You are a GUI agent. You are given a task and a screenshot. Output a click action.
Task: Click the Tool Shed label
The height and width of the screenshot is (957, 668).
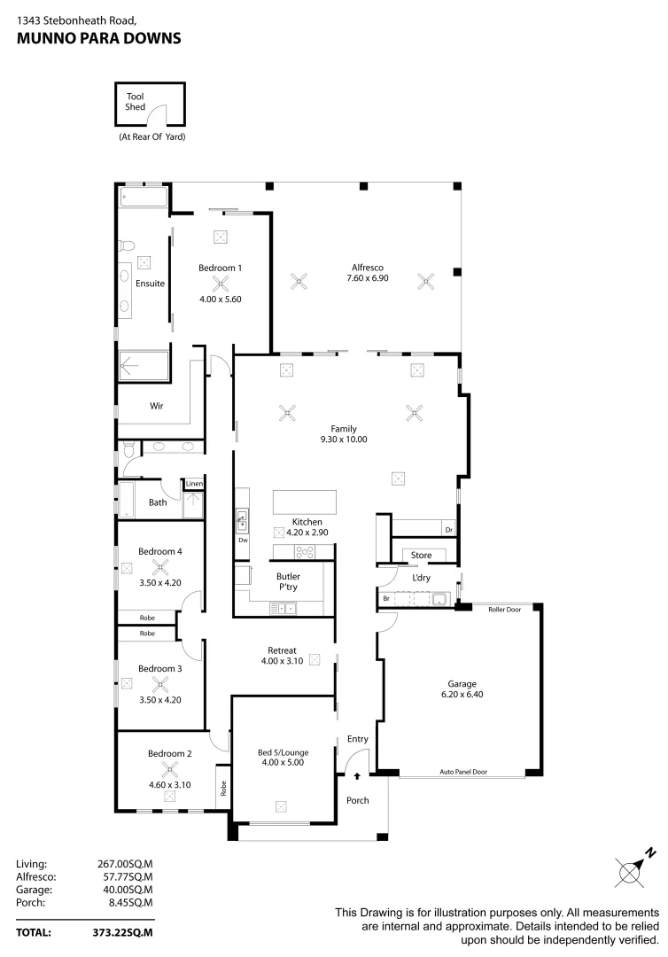coord(135,101)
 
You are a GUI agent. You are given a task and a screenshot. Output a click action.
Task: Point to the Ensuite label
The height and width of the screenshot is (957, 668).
coord(150,284)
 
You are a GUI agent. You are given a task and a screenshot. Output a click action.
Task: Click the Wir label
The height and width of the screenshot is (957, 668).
coord(156,406)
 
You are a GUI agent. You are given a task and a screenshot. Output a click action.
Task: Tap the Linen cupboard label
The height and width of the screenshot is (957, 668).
coord(194,484)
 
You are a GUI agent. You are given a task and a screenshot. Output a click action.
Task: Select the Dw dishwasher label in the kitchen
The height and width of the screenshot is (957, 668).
coord(242,540)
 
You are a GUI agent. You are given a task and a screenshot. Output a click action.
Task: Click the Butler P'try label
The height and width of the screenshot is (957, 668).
coord(288,581)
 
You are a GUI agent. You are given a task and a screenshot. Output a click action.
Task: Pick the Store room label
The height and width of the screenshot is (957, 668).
coord(422,556)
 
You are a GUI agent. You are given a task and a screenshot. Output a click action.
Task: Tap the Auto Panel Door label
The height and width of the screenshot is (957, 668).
coord(463,772)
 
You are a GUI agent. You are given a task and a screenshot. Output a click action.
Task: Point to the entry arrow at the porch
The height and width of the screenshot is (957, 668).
coord(357,776)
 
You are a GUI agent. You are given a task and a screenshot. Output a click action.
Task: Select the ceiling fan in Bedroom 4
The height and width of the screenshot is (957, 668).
coord(160,568)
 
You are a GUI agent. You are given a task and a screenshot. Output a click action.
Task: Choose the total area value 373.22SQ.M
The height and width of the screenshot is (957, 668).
coord(125,932)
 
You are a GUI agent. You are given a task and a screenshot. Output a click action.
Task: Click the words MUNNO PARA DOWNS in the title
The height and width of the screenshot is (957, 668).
coord(98,38)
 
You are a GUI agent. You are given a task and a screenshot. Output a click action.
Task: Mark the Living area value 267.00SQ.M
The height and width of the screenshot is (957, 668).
coord(125,863)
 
